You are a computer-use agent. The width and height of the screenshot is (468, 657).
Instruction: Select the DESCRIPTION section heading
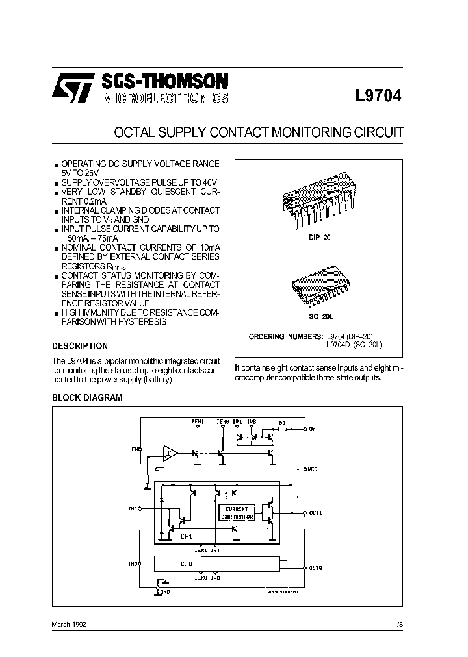(x=80, y=346)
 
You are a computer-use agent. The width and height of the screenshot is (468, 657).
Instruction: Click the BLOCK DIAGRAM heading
(x=87, y=397)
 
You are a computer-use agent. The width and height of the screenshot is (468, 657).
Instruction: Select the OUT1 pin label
(x=316, y=513)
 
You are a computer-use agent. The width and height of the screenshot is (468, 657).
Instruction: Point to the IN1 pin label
(x=133, y=509)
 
